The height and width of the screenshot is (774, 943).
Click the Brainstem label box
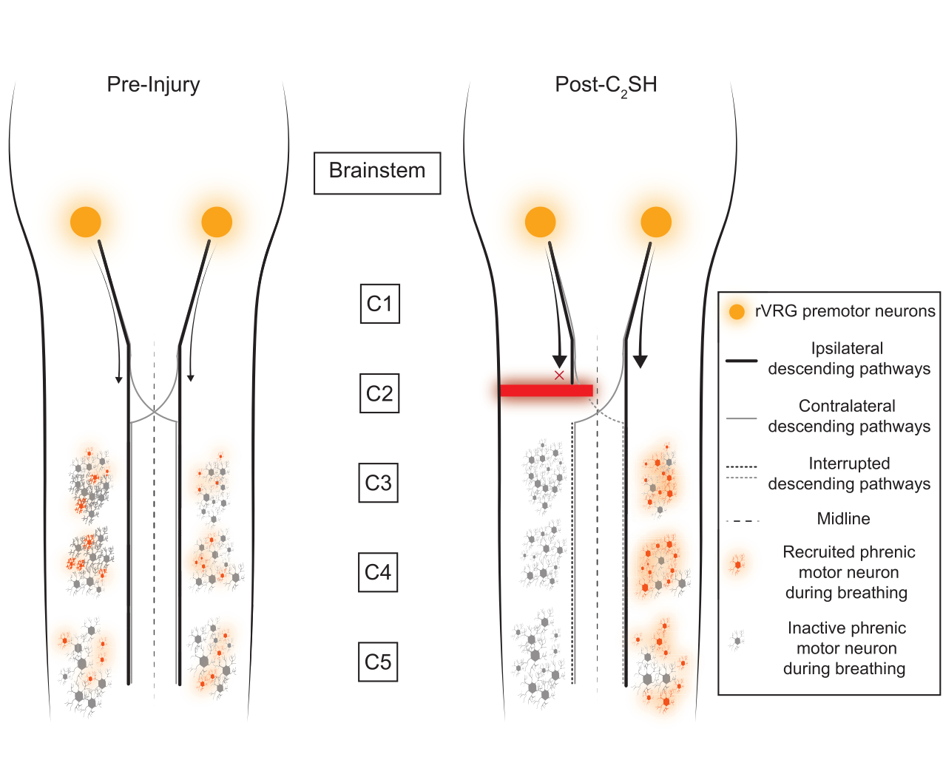pyautogui.click(x=377, y=173)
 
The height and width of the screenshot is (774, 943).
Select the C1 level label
pyautogui.click(x=379, y=303)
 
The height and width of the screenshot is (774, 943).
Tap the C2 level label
pyautogui.click(x=379, y=393)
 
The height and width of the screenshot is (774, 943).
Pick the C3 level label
pyautogui.click(x=378, y=483)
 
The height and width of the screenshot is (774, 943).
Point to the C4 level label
pyautogui.click(x=378, y=572)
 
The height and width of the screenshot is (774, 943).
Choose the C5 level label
pyautogui.click(x=378, y=662)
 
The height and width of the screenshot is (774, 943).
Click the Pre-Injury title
pyautogui.click(x=153, y=85)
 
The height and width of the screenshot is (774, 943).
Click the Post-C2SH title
pyautogui.click(x=606, y=85)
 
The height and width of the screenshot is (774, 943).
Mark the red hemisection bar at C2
pyautogui.click(x=547, y=390)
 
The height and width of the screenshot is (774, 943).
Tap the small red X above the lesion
pyautogui.click(x=559, y=376)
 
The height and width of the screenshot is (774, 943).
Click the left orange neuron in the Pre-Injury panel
pyautogui.click(x=85, y=222)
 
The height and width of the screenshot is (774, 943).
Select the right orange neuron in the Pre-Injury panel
pyautogui.click(x=217, y=222)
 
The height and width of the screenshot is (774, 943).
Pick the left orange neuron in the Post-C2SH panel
pyautogui.click(x=540, y=222)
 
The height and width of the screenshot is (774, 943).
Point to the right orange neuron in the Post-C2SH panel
pyautogui.click(x=656, y=222)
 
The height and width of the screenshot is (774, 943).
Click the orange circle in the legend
pyautogui.click(x=737, y=311)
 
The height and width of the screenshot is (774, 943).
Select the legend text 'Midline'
pyautogui.click(x=843, y=518)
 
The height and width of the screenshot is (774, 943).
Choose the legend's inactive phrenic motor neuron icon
pyautogui.click(x=737, y=640)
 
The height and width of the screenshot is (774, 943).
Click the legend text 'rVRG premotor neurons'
pyautogui.click(x=845, y=311)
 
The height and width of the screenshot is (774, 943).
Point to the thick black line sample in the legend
pyautogui.click(x=741, y=360)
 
